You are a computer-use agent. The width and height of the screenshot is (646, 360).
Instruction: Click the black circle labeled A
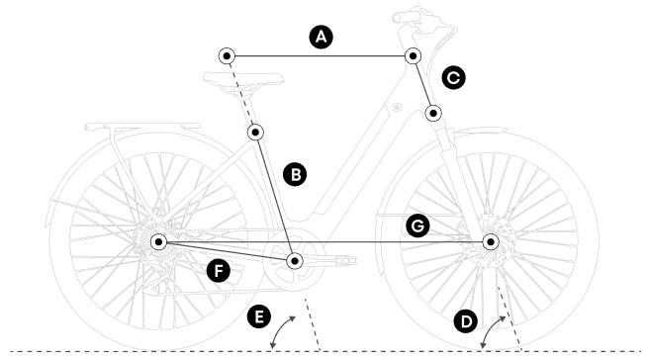(321, 37)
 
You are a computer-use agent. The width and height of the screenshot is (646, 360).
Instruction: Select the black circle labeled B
(295, 174)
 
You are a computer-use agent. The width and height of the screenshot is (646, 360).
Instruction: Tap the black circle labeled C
(454, 78)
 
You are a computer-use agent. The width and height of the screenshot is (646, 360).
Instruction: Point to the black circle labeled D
(466, 321)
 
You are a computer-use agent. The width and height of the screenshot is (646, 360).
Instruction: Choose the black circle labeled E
(259, 316)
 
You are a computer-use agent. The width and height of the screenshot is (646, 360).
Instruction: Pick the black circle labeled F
(219, 271)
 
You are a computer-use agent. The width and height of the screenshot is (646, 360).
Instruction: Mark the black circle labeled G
(417, 225)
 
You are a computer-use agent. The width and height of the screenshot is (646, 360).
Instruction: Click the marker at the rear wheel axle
(158, 241)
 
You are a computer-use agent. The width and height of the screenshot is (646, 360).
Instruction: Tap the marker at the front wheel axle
(491, 241)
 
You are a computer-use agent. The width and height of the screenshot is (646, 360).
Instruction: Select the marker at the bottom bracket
(295, 261)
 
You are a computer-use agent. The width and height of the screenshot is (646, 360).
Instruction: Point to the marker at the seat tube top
(256, 133)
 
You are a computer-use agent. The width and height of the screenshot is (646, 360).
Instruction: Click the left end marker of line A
(227, 55)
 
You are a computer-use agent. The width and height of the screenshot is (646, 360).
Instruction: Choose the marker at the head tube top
(414, 55)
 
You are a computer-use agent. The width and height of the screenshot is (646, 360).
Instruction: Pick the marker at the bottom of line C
(433, 113)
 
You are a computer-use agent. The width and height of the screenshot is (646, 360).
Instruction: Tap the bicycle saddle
(243, 79)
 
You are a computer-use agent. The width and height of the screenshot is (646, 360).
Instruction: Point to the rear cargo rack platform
(142, 126)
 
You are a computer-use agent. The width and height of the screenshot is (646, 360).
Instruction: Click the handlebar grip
(407, 16)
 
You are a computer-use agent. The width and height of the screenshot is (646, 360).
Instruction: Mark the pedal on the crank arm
(346, 260)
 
